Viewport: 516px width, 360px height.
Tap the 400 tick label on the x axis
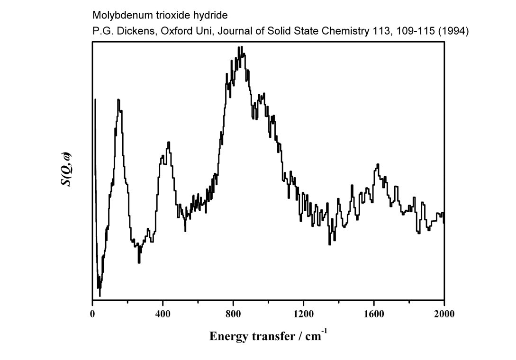[163, 313]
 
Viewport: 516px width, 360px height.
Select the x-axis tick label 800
[233, 313]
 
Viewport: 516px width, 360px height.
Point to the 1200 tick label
[303, 313]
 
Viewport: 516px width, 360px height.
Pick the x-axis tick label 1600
[374, 313]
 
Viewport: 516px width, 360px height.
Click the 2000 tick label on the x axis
[444, 313]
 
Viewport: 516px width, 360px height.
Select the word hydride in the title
[212, 16]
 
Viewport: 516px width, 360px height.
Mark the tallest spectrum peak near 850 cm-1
[241, 47]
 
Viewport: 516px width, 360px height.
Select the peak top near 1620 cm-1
[378, 164]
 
